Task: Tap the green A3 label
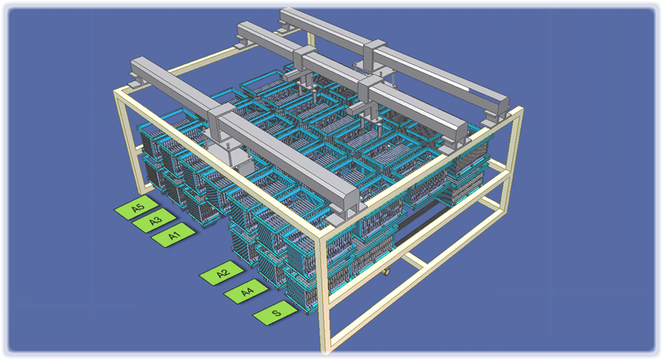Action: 155,221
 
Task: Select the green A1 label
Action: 173,235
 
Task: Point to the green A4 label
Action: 246,291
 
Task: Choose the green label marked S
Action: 276,313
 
